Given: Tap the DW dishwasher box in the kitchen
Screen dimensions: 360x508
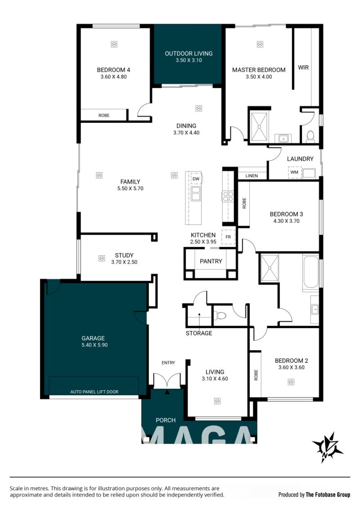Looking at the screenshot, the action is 196,179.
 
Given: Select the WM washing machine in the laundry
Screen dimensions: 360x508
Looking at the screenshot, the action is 294,172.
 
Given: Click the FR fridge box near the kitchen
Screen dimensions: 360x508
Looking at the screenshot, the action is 228,237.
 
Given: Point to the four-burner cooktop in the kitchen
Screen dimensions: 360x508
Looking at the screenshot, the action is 228,196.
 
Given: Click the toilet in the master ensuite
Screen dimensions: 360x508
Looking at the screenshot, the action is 310,137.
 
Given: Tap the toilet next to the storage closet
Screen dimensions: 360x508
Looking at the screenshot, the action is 221,315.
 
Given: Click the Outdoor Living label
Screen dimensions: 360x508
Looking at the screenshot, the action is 189,53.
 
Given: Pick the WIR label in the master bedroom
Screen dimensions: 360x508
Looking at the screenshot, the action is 303,67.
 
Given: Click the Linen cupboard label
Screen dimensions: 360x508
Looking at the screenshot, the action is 252,176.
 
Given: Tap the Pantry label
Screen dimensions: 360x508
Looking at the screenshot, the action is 211,261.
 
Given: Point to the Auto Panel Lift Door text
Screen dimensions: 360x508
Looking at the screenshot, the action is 94,392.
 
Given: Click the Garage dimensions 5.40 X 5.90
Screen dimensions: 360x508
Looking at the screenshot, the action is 94,345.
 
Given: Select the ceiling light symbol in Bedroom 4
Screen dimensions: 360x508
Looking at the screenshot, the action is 114,44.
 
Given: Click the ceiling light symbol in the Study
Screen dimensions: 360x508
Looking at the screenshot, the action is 102,258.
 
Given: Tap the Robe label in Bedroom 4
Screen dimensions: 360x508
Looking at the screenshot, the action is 104,116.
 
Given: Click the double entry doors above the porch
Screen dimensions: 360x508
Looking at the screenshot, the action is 167,381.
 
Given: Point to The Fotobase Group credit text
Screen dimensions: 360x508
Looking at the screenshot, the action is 328,495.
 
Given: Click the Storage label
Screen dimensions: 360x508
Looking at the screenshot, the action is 199,333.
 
